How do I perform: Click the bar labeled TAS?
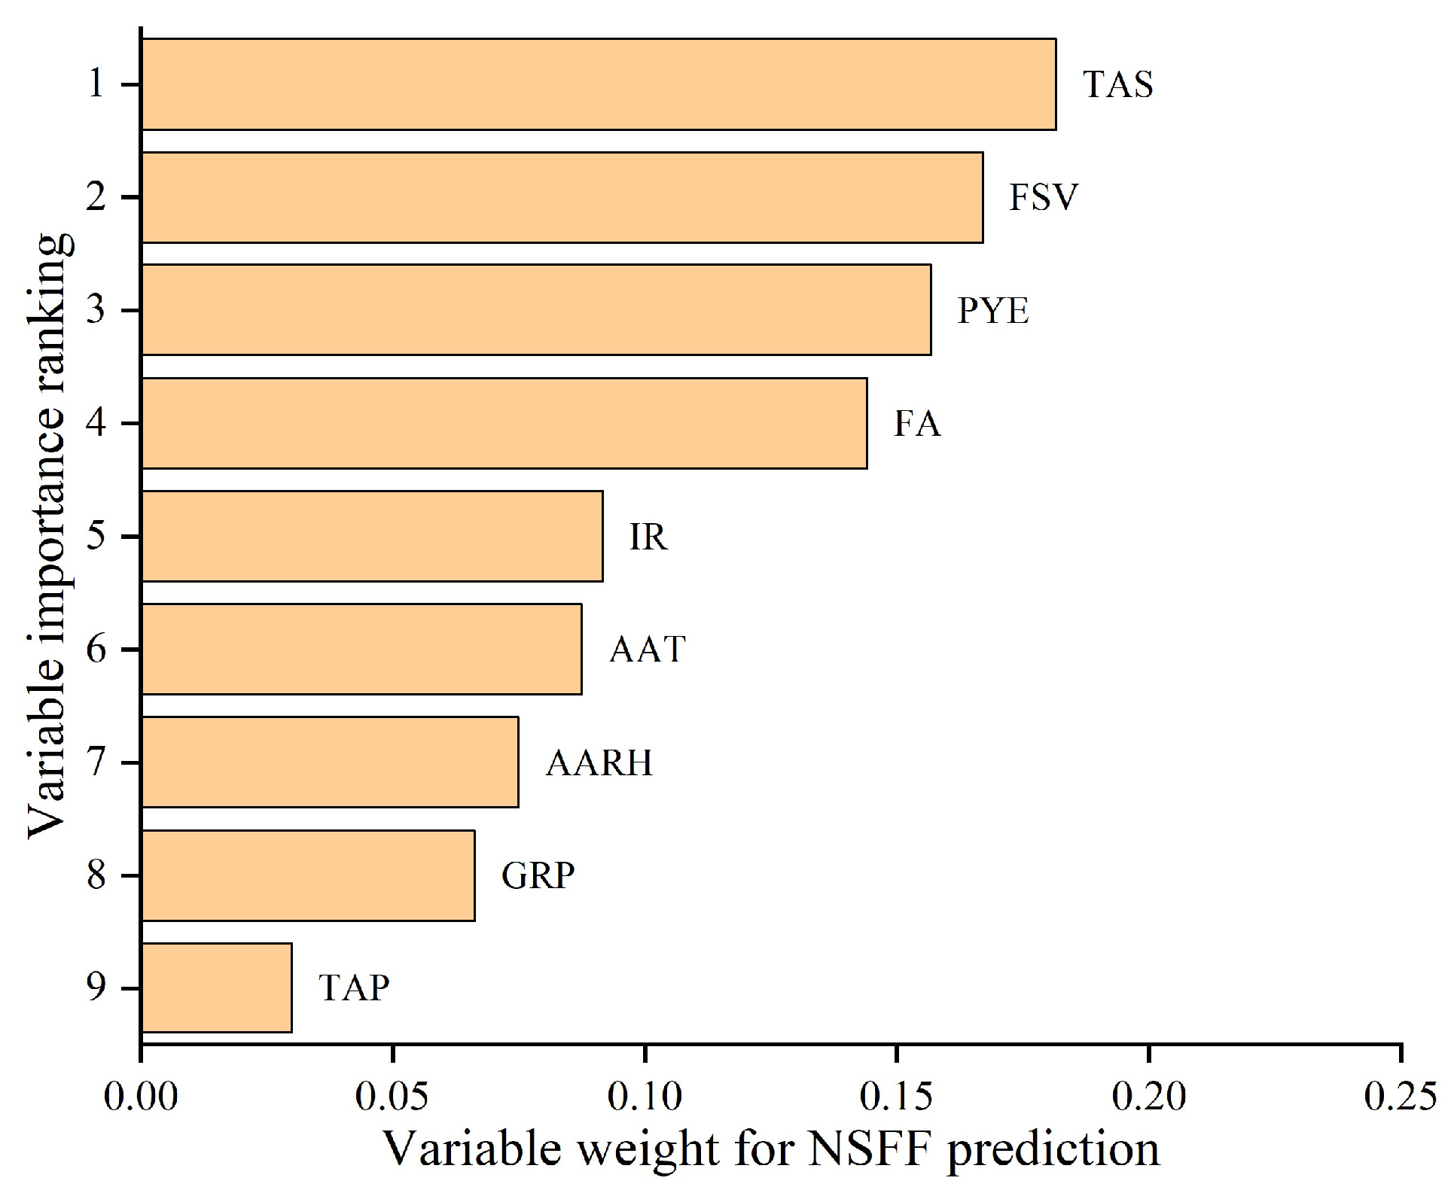(x=599, y=84)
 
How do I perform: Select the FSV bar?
(x=562, y=197)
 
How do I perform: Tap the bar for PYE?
(x=536, y=309)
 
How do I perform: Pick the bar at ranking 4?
(x=504, y=423)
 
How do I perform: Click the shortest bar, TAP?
(x=217, y=988)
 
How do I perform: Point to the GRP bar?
(x=308, y=875)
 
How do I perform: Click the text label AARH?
(x=599, y=763)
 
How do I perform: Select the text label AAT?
(x=648, y=650)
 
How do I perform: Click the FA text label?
(x=917, y=424)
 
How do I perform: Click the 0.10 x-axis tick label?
(x=645, y=1097)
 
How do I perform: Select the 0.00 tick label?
(x=142, y=1097)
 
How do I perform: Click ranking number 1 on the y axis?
(x=96, y=84)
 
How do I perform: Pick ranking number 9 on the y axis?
(x=96, y=988)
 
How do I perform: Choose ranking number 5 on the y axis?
(x=96, y=537)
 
